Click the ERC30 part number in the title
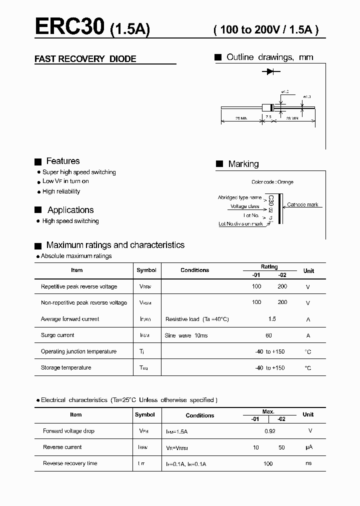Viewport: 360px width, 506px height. [x=70, y=26]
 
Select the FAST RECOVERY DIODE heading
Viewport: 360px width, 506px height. [x=85, y=59]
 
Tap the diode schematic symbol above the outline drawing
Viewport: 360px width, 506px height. [x=270, y=72]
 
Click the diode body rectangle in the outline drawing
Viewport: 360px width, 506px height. [x=267, y=107]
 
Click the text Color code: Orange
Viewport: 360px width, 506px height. [x=272, y=182]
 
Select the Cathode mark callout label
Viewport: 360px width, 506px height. [x=302, y=204]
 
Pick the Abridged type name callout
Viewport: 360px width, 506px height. [x=239, y=197]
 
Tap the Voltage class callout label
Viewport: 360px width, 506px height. [x=244, y=206]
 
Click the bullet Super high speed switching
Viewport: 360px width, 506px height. [x=79, y=172]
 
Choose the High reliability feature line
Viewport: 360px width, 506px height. [x=61, y=191]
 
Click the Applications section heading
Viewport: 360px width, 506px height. [x=70, y=210]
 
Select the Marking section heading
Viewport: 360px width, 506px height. [x=243, y=164]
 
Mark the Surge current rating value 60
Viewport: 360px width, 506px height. [x=269, y=335]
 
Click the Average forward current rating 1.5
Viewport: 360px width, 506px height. [x=271, y=319]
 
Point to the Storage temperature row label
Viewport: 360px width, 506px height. [x=66, y=368]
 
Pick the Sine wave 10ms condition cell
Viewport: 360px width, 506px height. [x=186, y=335]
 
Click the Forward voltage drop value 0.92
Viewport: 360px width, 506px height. [x=269, y=431]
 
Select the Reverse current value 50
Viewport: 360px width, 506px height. [x=281, y=447]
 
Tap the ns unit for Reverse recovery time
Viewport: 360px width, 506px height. [x=308, y=463]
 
